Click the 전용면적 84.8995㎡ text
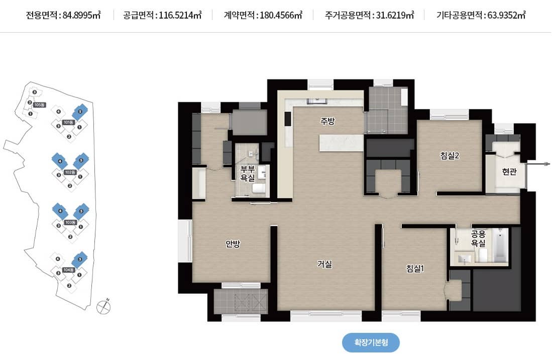[63, 15]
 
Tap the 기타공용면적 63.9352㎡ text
[481, 15]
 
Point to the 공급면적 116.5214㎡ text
[162, 15]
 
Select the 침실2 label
[450, 156]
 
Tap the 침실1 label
[415, 268]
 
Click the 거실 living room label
[324, 264]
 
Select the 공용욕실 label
[478, 238]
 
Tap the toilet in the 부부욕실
[259, 189]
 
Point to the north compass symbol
[103, 305]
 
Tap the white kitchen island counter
[341, 143]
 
